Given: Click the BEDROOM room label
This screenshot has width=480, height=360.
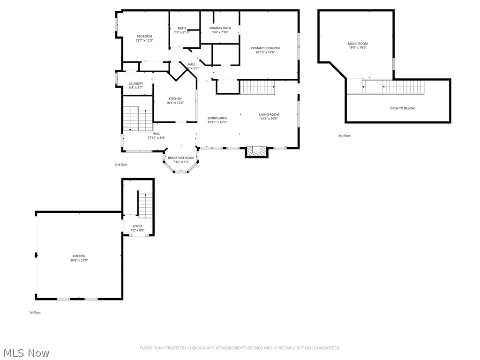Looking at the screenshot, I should pos(144,37).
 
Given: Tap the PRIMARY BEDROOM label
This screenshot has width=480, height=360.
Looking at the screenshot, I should pos(265,48).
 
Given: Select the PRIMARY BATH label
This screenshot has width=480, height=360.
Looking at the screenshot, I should pos(220,28).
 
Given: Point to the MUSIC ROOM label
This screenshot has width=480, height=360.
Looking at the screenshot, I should pos(358,44).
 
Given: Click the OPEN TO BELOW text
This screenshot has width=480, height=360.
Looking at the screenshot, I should pos(402,108).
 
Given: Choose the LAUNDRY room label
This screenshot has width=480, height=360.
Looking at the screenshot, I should pos(136,84).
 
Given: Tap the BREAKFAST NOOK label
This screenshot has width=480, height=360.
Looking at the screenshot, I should pos(181,158).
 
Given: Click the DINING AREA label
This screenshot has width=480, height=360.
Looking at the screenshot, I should pos(217,118).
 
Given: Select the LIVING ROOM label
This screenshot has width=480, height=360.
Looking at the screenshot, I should pos(269,114).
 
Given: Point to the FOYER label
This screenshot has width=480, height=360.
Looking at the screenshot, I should pos(137,226).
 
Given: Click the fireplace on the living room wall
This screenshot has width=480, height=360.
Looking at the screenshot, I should pos(257,151).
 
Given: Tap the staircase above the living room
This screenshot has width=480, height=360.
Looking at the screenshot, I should pos(257,87).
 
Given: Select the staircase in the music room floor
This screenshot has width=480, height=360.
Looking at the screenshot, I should pos(403,87).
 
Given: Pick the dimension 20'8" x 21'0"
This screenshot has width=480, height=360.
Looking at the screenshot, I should pos(79,260).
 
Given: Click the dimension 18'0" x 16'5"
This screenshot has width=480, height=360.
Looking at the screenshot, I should pos(358,47).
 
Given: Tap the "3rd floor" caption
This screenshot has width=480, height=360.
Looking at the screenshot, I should pos(345,135).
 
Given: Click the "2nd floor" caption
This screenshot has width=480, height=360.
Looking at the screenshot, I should pos(121,165).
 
